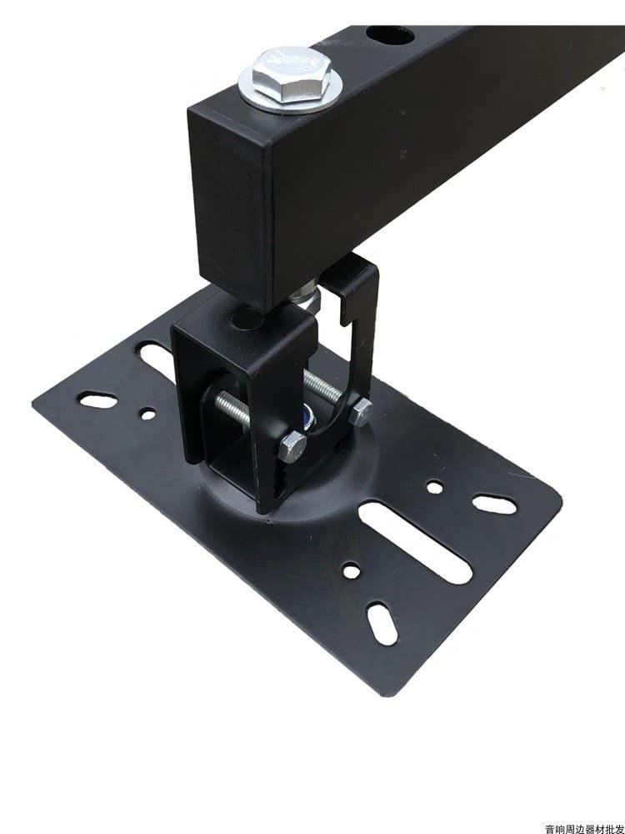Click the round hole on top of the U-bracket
point(247,318)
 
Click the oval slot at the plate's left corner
point(98,400)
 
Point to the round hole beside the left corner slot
point(147,413)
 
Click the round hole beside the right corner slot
point(434,485)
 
